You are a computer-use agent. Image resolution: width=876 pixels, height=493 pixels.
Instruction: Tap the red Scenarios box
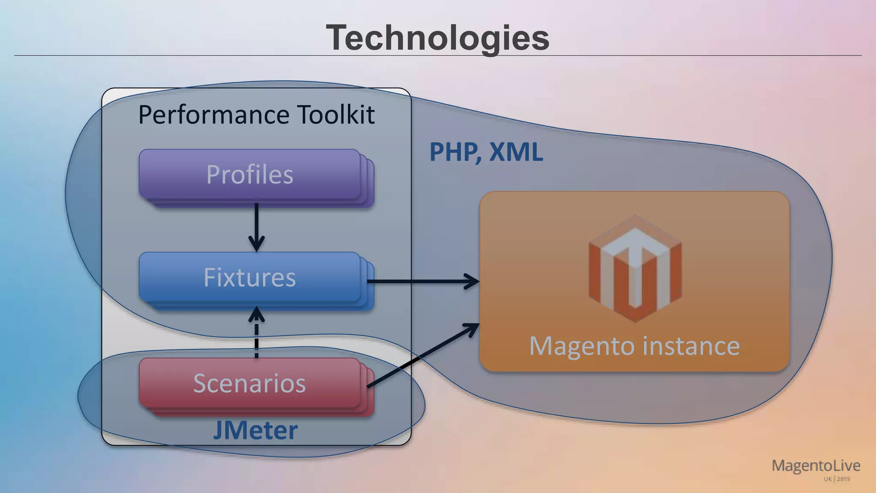tap(250, 383)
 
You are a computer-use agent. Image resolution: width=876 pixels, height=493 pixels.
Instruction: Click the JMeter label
tap(255, 430)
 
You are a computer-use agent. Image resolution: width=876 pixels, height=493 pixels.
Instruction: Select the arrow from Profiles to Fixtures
tap(256, 227)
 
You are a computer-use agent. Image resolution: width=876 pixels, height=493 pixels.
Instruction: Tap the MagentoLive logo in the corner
tap(816, 466)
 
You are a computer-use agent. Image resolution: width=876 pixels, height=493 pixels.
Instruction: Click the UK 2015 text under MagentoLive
tap(837, 479)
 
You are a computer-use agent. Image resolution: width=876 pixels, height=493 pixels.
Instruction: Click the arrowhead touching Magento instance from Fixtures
tap(473, 281)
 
